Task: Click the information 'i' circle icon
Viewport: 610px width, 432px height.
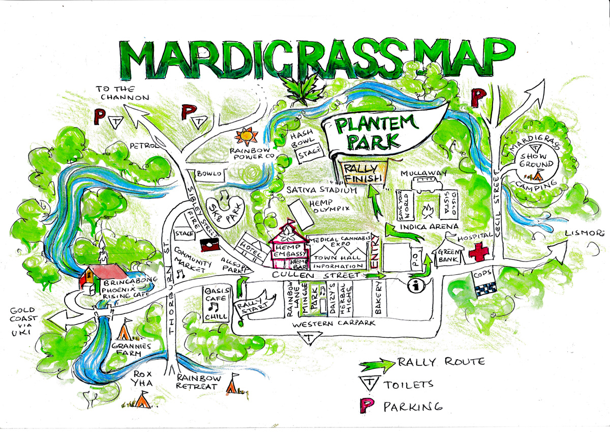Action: tap(417, 286)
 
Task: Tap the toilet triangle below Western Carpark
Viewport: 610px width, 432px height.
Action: tap(308, 338)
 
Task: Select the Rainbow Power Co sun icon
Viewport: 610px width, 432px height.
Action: tap(247, 137)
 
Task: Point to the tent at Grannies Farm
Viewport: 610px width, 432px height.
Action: tap(125, 331)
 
